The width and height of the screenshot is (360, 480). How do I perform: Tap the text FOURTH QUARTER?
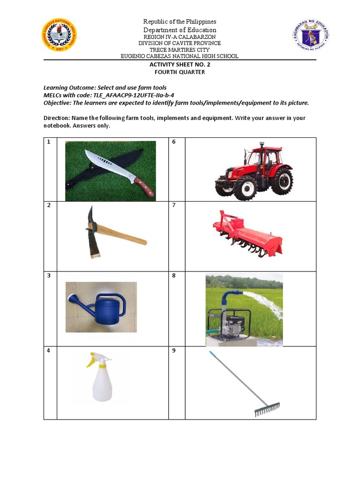180,72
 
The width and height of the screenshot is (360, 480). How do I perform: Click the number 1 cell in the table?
48,142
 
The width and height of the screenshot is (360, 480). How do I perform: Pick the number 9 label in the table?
174,351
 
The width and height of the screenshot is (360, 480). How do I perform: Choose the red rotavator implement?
247,234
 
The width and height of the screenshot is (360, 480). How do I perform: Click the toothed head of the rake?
267,409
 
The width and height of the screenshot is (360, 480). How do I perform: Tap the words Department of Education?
180,30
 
